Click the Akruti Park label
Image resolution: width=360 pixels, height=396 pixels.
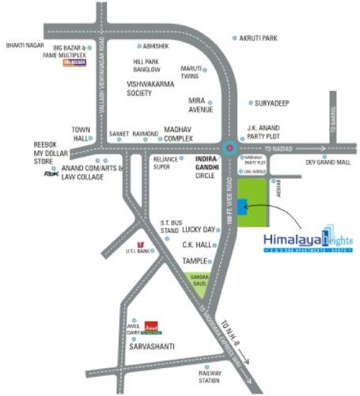point(260,37)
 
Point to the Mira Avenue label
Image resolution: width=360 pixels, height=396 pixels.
point(202,105)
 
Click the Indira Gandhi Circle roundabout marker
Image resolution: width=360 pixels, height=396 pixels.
point(229,147)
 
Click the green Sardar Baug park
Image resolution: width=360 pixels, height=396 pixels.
point(199,278)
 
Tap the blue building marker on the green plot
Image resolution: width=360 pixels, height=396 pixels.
point(240,206)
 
